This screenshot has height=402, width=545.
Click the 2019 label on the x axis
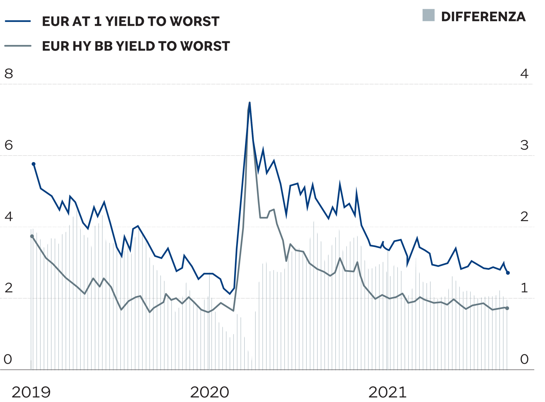(31, 392)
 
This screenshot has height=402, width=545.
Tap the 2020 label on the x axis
(209, 392)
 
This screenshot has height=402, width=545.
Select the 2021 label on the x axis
(387, 392)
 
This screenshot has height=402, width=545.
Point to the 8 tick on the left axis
(9, 74)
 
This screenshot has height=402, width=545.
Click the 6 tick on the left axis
(9, 145)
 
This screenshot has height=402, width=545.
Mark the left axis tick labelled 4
(9, 216)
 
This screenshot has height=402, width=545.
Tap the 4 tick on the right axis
(524, 74)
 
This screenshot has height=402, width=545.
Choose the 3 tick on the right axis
(524, 145)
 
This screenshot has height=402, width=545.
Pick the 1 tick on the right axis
(524, 288)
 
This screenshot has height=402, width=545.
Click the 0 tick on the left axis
(8, 359)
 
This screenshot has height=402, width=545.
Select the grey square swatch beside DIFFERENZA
(428, 15)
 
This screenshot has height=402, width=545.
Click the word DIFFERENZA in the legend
(483, 16)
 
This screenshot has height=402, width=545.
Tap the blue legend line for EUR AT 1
(18, 21)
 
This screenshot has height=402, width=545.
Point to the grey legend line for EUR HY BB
(18, 46)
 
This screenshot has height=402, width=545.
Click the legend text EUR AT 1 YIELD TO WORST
(131, 21)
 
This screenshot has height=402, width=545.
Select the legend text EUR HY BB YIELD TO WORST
(136, 46)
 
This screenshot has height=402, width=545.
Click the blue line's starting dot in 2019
(34, 164)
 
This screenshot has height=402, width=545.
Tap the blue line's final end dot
(508, 273)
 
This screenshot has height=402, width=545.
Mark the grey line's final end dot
(507, 308)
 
